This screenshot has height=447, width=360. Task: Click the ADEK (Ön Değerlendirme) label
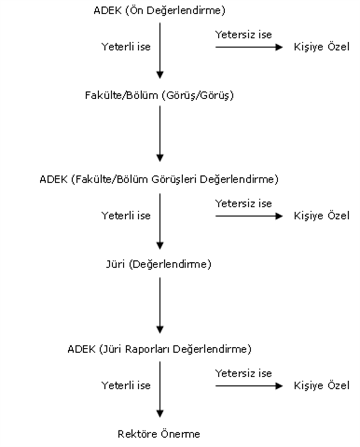point(159,11)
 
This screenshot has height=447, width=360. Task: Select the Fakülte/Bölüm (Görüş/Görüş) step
point(159,95)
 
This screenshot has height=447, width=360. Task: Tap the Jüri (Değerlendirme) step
point(159,264)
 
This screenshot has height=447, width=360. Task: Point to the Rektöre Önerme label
point(159,434)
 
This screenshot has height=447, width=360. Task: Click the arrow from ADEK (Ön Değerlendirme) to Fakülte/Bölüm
point(160,51)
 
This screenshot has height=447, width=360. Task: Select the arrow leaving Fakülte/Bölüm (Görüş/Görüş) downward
point(160,134)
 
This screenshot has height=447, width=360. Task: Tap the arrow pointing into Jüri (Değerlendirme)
point(160,222)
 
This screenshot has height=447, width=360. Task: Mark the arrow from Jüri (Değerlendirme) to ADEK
point(160,306)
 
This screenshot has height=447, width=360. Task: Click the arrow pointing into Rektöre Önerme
point(160,390)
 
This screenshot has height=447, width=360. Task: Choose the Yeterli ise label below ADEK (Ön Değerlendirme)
point(126,47)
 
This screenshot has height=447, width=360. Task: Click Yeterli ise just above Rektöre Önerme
point(126,386)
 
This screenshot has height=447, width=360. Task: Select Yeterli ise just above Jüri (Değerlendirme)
point(126,216)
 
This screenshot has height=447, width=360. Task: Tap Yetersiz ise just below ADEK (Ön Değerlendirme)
point(243,35)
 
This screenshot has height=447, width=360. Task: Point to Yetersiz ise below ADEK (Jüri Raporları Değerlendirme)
point(243,373)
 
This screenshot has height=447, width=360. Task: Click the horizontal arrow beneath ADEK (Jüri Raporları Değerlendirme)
point(249,386)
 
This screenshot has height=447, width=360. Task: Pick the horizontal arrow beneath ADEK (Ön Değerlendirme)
point(249,47)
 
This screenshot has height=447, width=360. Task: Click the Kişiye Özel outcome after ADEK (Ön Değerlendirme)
point(322,47)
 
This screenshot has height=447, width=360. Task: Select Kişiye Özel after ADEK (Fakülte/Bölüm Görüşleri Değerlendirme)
point(322,216)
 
